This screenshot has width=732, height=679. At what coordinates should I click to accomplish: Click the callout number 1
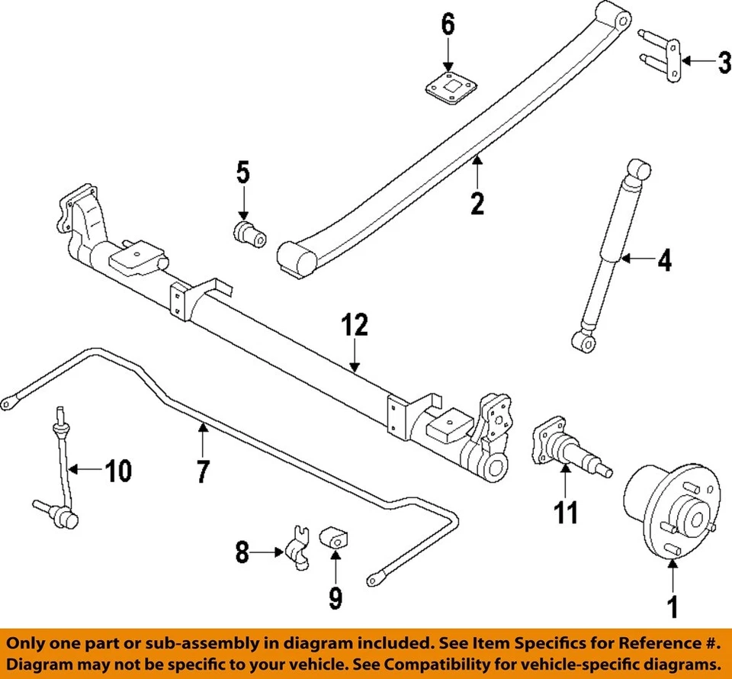tap(672, 607)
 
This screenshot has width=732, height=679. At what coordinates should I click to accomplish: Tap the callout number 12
tap(355, 326)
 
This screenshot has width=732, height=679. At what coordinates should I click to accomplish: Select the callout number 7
tap(202, 471)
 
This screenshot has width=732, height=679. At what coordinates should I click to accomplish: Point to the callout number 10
tap(117, 471)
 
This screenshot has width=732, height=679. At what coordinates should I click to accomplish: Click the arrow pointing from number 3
tap(695, 61)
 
